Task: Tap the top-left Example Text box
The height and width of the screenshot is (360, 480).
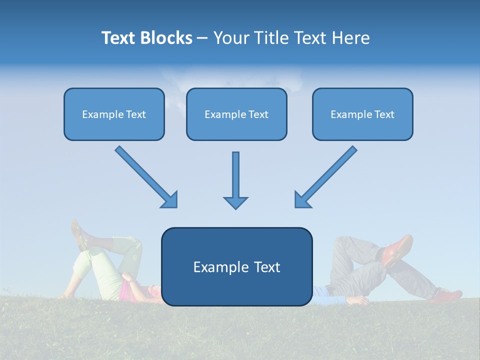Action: pyautogui.click(x=114, y=114)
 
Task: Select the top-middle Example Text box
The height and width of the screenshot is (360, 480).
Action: pyautogui.click(x=236, y=114)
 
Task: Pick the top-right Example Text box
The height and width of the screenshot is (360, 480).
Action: pyautogui.click(x=362, y=114)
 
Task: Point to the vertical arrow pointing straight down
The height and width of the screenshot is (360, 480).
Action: pyautogui.click(x=235, y=175)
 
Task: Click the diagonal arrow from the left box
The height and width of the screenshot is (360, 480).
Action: pyautogui.click(x=145, y=176)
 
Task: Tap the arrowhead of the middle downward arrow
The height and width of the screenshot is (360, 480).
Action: pyautogui.click(x=235, y=202)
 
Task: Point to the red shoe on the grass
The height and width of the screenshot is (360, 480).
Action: pyautogui.click(x=446, y=295)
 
